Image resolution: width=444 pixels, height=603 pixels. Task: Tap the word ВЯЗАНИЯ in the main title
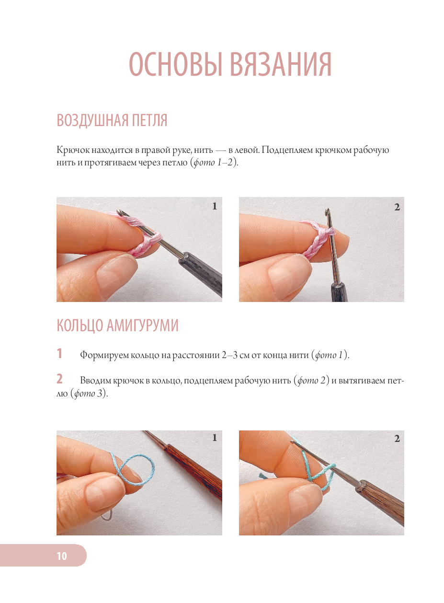click(281, 65)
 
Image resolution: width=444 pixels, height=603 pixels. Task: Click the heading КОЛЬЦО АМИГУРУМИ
click(117, 325)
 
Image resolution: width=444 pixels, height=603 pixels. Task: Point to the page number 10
click(62, 556)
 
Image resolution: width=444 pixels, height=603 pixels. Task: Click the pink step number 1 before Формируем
click(59, 353)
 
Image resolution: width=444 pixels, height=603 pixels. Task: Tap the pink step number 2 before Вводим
click(59, 379)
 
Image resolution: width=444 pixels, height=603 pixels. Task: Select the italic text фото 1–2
click(213, 162)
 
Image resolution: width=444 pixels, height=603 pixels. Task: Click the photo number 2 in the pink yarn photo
click(397, 207)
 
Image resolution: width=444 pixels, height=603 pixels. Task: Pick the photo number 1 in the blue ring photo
click(214, 438)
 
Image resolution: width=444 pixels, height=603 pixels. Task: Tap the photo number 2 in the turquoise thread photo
click(397, 439)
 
